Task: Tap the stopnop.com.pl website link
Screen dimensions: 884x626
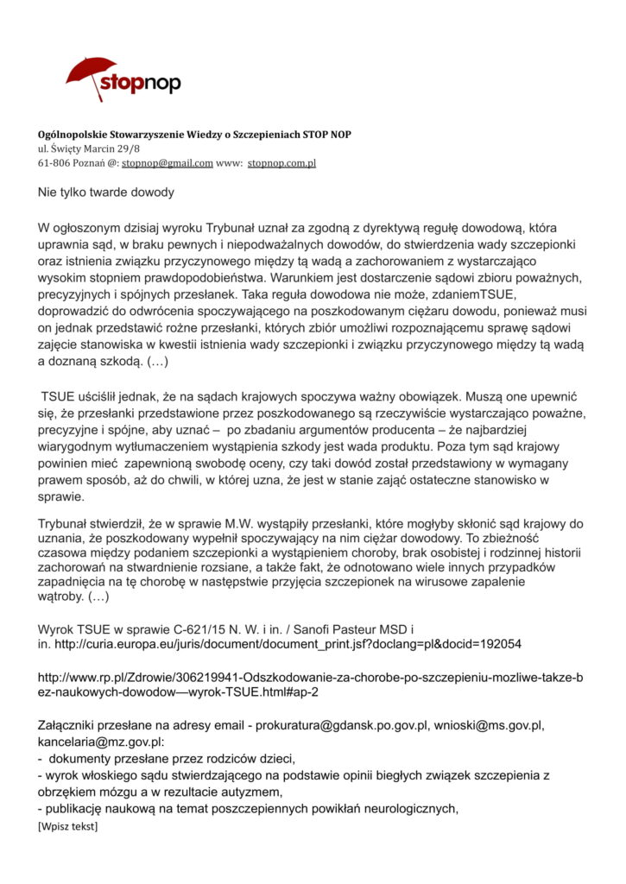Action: click(x=282, y=162)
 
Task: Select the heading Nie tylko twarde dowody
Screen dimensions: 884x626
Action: click(x=105, y=192)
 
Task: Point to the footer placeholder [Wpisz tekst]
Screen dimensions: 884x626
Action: click(x=68, y=827)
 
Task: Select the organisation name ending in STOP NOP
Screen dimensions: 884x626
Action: click(x=194, y=135)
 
